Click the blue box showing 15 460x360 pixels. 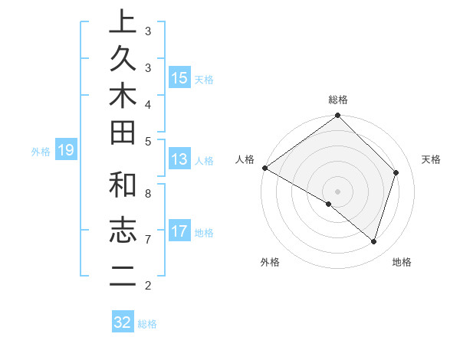[x=179, y=78]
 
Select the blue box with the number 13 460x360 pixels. [x=179, y=159]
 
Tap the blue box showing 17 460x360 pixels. [x=179, y=231]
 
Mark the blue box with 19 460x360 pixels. [x=66, y=151]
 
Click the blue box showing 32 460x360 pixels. [x=123, y=322]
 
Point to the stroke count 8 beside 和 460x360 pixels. [x=148, y=193]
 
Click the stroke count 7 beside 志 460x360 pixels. [x=148, y=240]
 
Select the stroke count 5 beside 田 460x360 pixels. [x=148, y=141]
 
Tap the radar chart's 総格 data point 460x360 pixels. [x=337, y=116]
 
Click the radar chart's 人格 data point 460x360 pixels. [x=265, y=168]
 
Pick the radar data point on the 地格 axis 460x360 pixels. [x=373, y=241]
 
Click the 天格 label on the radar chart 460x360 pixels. [x=432, y=159]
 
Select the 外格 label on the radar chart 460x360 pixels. [x=269, y=262]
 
